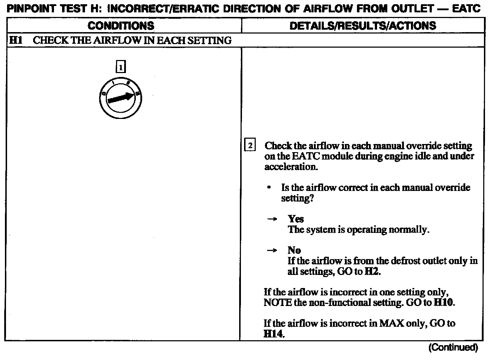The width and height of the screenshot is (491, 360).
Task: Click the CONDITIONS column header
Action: click(121, 26)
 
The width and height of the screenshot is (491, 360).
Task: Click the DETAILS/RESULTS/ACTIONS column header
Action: click(363, 26)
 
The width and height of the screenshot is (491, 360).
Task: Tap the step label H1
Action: click(16, 40)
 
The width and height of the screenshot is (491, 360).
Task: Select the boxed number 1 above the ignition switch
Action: click(121, 67)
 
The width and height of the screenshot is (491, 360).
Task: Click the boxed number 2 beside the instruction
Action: click(250, 145)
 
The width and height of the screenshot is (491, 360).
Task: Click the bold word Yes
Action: click(296, 219)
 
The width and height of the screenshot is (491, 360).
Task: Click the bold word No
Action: click(294, 250)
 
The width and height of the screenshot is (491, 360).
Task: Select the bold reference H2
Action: click(372, 271)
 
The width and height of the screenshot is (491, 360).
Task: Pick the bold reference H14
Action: click(274, 334)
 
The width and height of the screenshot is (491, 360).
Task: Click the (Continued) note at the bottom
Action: click(453, 348)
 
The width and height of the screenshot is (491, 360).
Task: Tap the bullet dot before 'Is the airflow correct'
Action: click(269, 187)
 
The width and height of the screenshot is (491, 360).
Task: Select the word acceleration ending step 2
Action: click(291, 167)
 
